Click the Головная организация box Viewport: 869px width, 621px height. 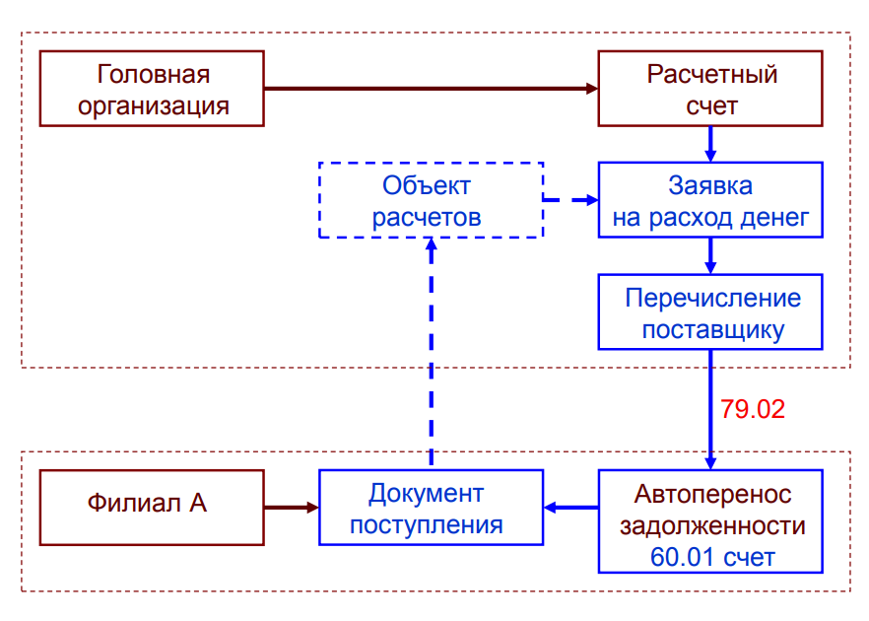[152, 90]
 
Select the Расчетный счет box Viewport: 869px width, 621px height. [710, 90]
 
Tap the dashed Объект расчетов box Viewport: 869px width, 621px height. [431, 200]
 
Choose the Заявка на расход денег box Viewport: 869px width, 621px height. [710, 200]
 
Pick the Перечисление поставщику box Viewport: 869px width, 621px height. [710, 311]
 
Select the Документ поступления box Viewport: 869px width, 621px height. [431, 507]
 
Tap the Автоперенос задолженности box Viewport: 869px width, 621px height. [710, 520]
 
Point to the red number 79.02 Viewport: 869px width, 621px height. [753, 409]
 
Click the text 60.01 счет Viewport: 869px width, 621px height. [712, 557]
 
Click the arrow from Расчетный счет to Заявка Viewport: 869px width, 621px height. [709, 144]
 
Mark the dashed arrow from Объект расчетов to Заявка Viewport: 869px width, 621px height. [570, 199]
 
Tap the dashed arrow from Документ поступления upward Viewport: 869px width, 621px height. [431, 355]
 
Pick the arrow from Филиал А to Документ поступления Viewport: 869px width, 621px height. [292, 507]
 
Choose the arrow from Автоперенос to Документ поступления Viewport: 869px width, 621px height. [571, 507]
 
